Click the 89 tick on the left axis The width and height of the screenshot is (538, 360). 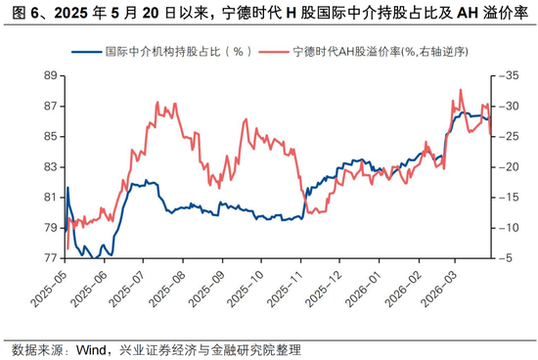pyautogui.click(x=46, y=75)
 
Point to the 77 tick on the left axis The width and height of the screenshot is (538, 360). pyautogui.click(x=46, y=258)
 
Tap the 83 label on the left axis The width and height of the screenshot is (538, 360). pyautogui.click(x=46, y=167)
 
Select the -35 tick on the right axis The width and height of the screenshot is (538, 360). pyautogui.click(x=507, y=75)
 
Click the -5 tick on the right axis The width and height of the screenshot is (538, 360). pyautogui.click(x=504, y=258)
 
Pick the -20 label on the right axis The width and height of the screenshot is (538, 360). pyautogui.click(x=507, y=167)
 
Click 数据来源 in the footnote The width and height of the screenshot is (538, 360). pyautogui.click(x=36, y=349)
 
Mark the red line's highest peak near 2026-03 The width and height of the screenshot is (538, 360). pyautogui.click(x=460, y=90)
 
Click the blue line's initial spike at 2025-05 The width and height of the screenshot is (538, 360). pyautogui.click(x=67, y=187)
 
